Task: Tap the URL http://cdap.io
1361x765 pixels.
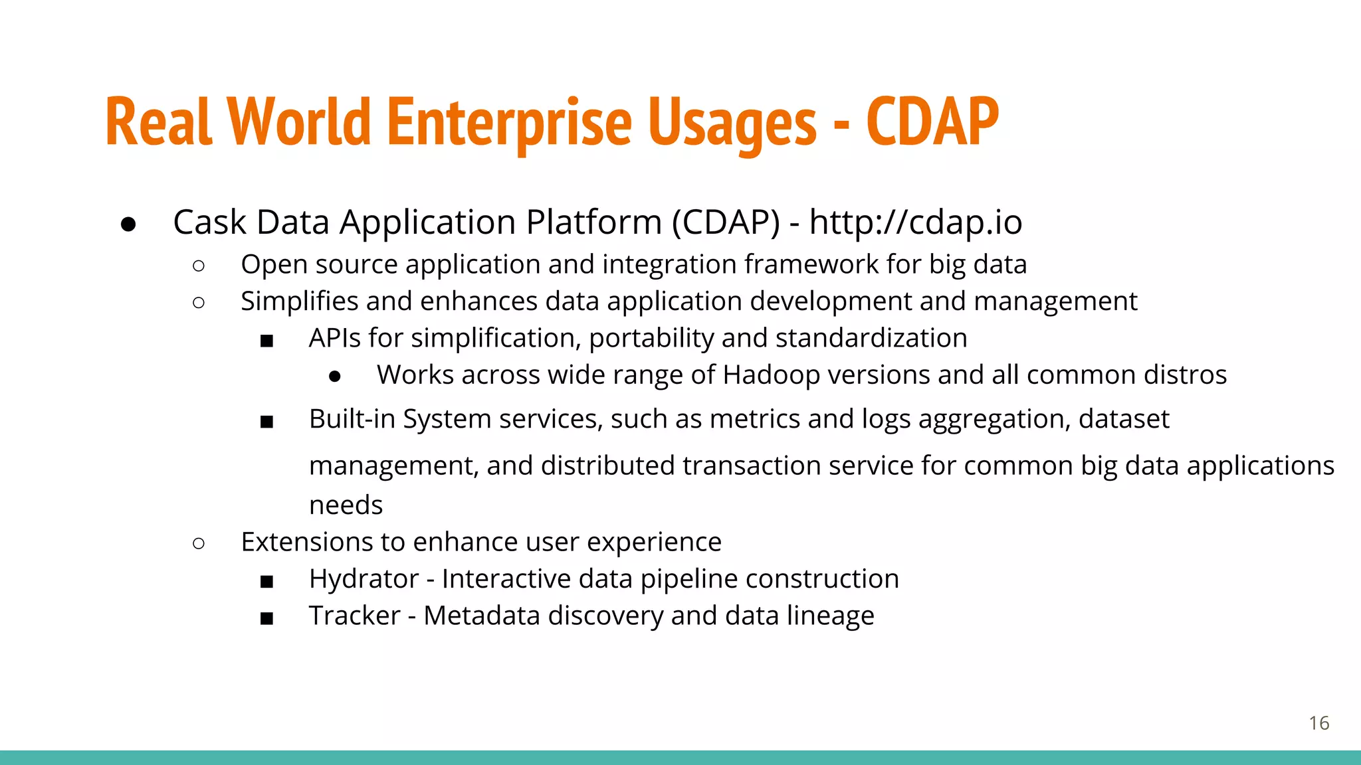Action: pos(915,222)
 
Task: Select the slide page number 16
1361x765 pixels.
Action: pos(1318,723)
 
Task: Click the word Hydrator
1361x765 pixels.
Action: pos(364,579)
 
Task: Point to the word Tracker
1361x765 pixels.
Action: pos(354,616)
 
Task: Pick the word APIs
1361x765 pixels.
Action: pos(334,338)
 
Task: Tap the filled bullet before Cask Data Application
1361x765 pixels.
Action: pos(129,224)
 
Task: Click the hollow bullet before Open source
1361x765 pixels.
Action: pos(198,266)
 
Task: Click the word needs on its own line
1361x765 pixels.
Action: pos(346,505)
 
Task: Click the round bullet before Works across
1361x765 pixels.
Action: pos(335,377)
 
